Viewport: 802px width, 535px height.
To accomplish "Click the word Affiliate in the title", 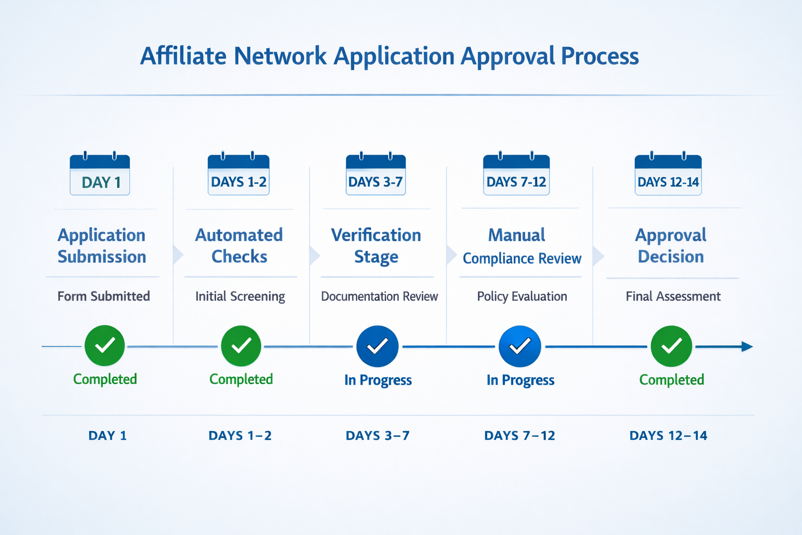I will (183, 56).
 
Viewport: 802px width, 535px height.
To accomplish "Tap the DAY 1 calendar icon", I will (100, 175).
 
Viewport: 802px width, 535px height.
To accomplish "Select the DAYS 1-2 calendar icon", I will (239, 175).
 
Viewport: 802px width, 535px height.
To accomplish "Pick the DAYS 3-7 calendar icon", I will (375, 175).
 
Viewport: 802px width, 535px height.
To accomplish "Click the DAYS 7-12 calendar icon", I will (516, 175).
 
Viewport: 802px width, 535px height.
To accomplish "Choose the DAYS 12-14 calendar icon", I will (668, 175).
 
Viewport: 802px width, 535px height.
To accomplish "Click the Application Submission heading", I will (102, 246).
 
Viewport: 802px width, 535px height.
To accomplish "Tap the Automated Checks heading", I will (239, 246).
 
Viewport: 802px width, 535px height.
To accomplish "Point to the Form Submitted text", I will (103, 296).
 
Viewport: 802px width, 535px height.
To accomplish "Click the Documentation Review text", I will (380, 296).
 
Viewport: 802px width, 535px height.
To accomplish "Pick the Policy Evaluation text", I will (522, 296).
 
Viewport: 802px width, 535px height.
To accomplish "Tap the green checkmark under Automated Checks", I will (241, 346).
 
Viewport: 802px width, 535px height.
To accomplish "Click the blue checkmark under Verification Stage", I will (378, 346).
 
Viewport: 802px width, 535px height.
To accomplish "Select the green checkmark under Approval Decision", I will (671, 346).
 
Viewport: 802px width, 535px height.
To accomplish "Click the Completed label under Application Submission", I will (105, 379).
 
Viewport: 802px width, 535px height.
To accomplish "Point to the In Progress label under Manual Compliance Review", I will (520, 380).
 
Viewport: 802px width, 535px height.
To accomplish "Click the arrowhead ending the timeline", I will (747, 346).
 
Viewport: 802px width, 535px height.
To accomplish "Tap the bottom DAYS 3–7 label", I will (378, 436).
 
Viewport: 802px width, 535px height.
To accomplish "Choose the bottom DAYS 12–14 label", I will (668, 436).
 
